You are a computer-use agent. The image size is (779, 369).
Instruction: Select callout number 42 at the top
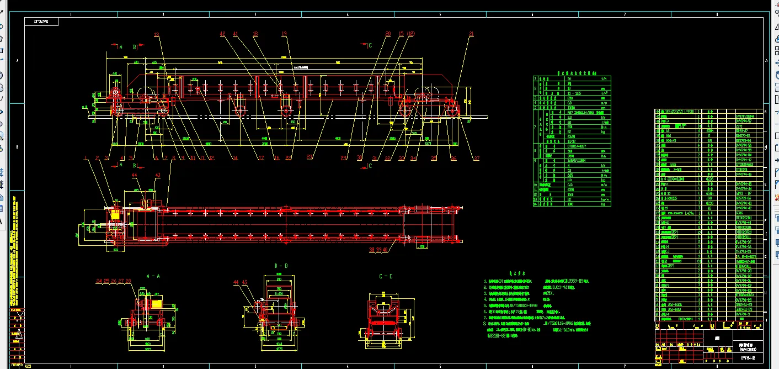pyautogui.click(x=223, y=34)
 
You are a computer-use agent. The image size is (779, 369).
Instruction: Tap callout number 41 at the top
pyautogui.click(x=236, y=34)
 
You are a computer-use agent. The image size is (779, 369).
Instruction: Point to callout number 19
pyautogui.click(x=284, y=34)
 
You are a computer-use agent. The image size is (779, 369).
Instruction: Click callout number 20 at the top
pyautogui.click(x=388, y=34)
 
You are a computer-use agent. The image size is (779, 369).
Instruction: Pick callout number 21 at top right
pyautogui.click(x=471, y=34)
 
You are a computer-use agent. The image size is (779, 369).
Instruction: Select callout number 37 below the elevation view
pyautogui.click(x=477, y=158)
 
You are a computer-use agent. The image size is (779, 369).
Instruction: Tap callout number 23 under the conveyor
pyautogui.click(x=309, y=158)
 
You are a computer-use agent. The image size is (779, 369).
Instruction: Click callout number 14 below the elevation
pyautogui.click(x=236, y=158)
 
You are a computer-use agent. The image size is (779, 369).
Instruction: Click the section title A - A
pyautogui.click(x=153, y=275)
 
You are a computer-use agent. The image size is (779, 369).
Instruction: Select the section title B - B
pyautogui.click(x=281, y=266)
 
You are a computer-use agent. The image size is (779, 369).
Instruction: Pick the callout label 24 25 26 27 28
pyautogui.click(x=114, y=281)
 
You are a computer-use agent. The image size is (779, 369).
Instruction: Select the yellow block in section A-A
pyautogui.click(x=157, y=304)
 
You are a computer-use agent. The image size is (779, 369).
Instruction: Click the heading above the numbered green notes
pyautogui.click(x=513, y=272)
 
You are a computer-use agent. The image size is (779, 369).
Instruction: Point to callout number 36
pyautogui.click(x=453, y=158)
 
